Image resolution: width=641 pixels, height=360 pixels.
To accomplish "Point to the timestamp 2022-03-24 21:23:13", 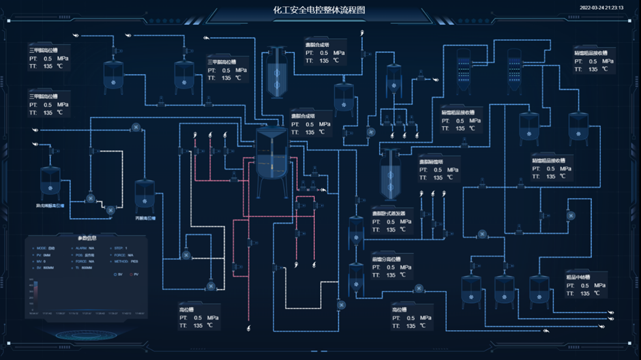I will click(601, 8).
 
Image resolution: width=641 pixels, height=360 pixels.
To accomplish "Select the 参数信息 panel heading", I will click(88, 238).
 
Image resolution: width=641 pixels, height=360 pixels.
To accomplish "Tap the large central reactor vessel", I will click(271, 160).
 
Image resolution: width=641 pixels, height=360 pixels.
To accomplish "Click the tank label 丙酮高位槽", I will click(145, 218).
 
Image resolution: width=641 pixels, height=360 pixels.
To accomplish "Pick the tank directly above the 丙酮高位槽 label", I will click(145, 195).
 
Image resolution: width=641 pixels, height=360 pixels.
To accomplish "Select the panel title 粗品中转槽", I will click(577, 277).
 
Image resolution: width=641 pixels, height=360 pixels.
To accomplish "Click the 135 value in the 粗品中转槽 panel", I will click(583, 293).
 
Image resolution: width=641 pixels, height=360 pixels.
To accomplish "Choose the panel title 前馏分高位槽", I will click(387, 258).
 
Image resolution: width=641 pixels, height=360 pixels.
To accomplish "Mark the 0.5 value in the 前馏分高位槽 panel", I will click(391, 267).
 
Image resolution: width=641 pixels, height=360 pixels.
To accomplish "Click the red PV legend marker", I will click(132, 273).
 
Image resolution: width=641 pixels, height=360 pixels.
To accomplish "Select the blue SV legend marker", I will click(116, 273).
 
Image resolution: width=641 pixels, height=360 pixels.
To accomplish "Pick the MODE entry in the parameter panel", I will click(45, 248).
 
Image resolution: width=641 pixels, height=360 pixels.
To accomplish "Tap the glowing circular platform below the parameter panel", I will click(76, 335).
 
